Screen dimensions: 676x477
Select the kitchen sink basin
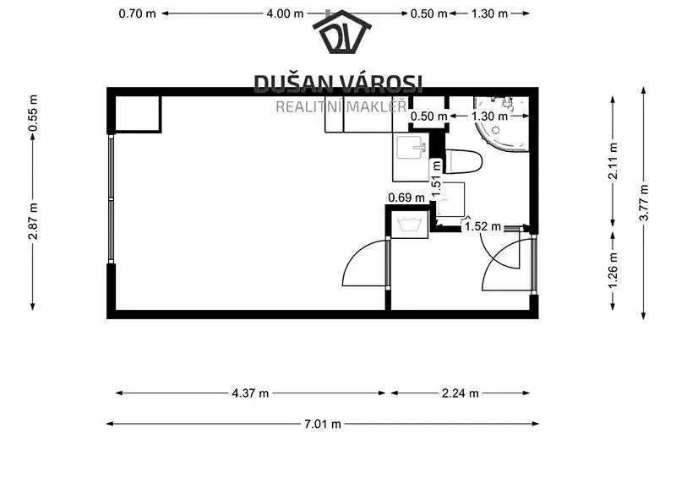[411, 148]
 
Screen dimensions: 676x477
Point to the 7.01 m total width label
[323, 424]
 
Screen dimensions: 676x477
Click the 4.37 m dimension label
[250, 393]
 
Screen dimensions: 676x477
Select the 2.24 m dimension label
[460, 393]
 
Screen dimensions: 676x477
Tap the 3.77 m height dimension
[644, 203]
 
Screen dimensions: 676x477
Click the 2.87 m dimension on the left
[33, 220]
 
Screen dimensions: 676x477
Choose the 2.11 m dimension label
[613, 160]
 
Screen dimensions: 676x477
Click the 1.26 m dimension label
[613, 270]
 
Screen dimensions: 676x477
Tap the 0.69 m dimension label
[406, 198]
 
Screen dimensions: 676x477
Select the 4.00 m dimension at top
[285, 14]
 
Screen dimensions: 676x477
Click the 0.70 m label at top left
[137, 14]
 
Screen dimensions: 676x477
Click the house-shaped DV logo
[342, 31]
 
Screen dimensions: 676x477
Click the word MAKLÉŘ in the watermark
[377, 106]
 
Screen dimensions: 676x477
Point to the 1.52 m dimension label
[482, 226]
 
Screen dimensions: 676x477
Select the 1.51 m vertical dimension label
[437, 178]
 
